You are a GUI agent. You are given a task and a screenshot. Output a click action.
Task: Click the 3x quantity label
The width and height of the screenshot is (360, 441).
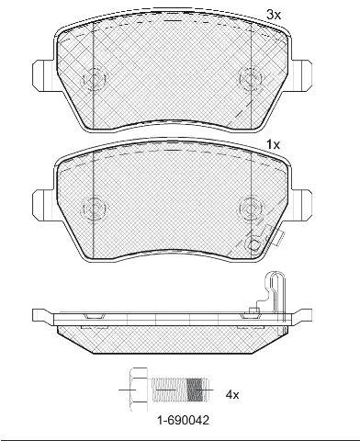(x=274, y=15)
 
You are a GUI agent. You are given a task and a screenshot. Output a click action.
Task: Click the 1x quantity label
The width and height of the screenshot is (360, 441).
(x=274, y=144)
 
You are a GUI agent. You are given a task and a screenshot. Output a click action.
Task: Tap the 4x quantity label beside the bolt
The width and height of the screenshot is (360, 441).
(x=232, y=395)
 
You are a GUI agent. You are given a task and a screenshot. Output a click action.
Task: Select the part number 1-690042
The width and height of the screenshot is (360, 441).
(x=183, y=420)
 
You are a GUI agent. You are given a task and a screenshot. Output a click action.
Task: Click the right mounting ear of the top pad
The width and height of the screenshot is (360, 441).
(x=301, y=75)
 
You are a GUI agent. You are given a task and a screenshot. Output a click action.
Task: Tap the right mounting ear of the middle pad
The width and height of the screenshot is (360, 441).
(x=301, y=205)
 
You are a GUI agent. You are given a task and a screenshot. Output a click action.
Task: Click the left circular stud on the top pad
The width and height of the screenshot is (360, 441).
(x=94, y=79)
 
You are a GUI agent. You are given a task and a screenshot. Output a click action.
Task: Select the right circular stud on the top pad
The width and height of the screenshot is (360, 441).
(x=252, y=79)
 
